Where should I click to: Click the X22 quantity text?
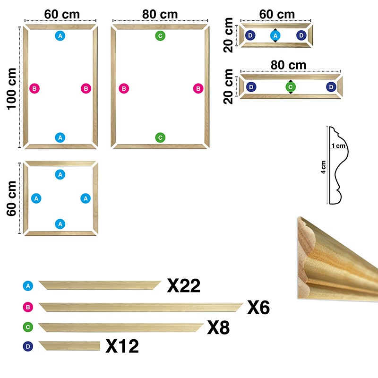[x=184, y=285]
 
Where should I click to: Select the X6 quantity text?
[x=258, y=308]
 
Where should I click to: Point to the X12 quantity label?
[x=122, y=346]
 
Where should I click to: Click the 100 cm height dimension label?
[x=11, y=88]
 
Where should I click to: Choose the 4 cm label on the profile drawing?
[x=323, y=167]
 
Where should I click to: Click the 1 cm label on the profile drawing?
[x=338, y=146]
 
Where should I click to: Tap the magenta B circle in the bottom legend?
[x=28, y=307]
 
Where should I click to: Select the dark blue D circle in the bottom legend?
[x=28, y=346]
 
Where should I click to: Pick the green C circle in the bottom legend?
[x=28, y=327]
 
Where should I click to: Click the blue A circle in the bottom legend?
[x=28, y=286]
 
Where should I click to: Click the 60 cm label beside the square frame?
[x=11, y=198]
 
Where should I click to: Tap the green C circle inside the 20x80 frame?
[x=291, y=87]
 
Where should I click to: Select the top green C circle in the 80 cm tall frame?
[x=161, y=35]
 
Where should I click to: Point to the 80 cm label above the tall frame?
[x=160, y=14]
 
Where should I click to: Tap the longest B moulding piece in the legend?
[x=140, y=307]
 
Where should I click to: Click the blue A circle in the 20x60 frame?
[x=275, y=35]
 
